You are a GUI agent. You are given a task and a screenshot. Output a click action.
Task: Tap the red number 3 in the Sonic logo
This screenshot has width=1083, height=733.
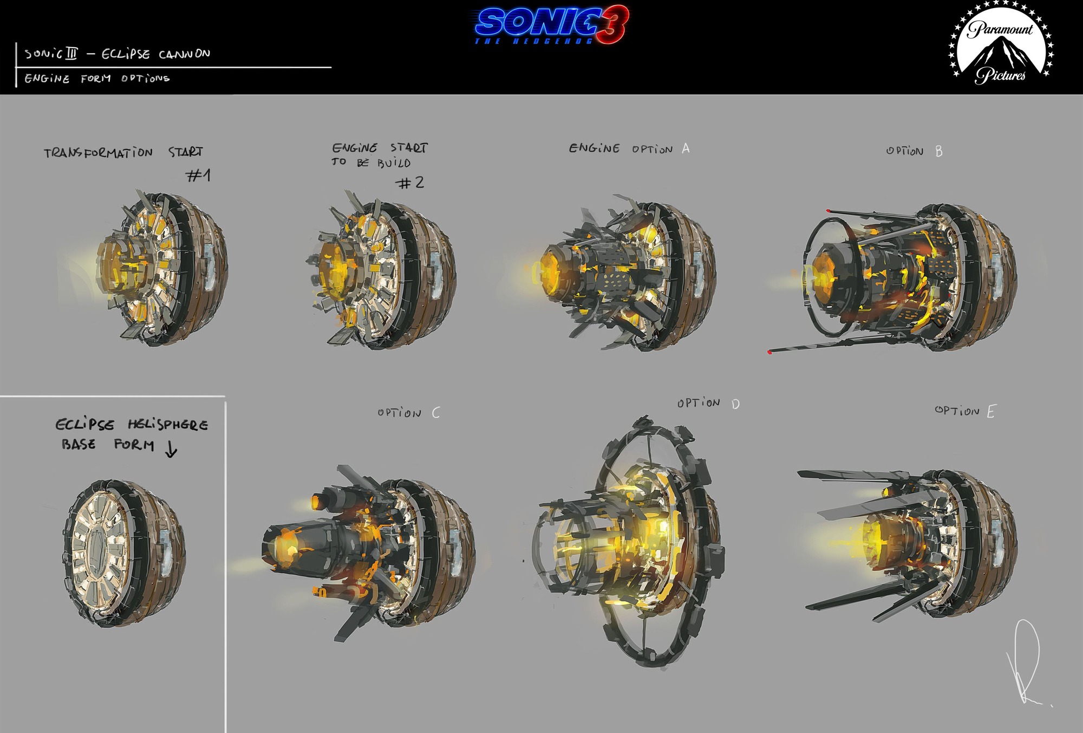(x=612, y=24)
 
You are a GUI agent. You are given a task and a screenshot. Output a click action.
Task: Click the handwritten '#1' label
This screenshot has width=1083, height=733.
(x=198, y=175)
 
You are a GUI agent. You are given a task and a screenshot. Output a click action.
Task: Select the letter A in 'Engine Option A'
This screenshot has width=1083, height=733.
(x=686, y=148)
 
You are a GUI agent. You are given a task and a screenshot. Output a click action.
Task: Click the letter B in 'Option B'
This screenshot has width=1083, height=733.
(x=939, y=151)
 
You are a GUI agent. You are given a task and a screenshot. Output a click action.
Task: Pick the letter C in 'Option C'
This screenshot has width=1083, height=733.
(x=436, y=413)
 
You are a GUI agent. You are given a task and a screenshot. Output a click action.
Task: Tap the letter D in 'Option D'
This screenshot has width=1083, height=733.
(x=735, y=404)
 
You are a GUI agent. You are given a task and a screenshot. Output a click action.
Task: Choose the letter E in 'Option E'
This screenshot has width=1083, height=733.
(x=991, y=412)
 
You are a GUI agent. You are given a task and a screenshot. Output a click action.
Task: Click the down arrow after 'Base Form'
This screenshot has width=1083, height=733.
(x=171, y=449)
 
